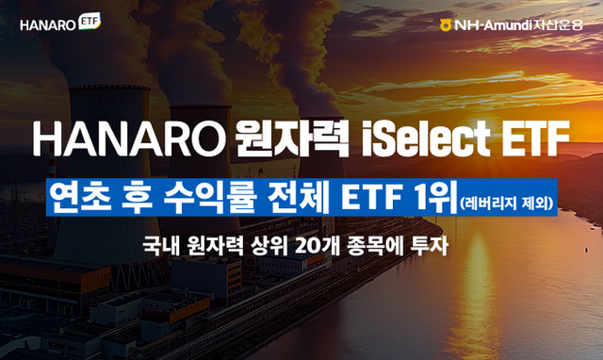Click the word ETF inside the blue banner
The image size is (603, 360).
pos(366,198)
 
